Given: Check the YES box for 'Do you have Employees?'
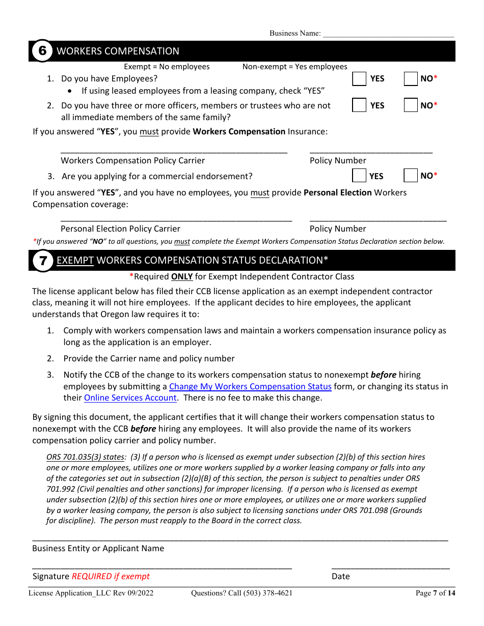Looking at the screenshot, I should click(x=360, y=79).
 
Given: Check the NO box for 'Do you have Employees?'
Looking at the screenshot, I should click(x=411, y=79).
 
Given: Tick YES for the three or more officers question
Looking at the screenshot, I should click(x=360, y=105).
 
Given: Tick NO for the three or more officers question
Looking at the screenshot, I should click(x=411, y=105).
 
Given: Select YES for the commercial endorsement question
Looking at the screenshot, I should click(x=360, y=176).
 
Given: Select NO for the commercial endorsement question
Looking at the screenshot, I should click(x=411, y=176).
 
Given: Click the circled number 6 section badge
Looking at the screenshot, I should click(x=42, y=51).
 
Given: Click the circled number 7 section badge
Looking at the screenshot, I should click(x=42, y=261).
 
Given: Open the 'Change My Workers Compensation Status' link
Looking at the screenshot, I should click(x=250, y=386).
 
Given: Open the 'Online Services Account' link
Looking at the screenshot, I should click(x=130, y=397).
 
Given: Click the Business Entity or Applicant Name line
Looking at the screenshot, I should click(x=240, y=538).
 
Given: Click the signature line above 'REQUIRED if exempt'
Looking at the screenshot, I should click(x=162, y=566).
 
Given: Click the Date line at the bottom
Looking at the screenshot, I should click(x=390, y=566).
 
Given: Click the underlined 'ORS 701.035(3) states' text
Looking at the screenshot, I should click(x=85, y=457).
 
